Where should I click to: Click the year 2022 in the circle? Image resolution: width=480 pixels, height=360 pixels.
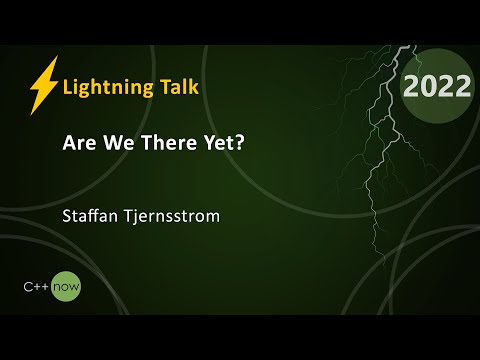(437, 87)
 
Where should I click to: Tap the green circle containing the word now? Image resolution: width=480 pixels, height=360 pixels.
(67, 287)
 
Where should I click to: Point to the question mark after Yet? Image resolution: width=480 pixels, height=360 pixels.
(240, 142)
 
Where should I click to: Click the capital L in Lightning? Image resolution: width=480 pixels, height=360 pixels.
(67, 87)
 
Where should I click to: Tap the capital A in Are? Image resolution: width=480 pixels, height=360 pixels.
(69, 142)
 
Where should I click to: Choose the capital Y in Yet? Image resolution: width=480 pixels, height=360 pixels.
(208, 142)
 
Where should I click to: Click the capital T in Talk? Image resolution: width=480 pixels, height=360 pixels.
(160, 86)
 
